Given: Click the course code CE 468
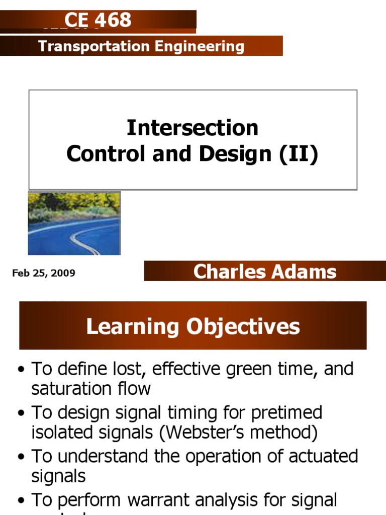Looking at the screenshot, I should click(x=98, y=20).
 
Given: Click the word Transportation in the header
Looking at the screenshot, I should click(x=85, y=47).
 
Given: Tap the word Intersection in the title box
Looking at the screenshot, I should click(x=192, y=128).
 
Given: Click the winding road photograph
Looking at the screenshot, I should click(x=74, y=223).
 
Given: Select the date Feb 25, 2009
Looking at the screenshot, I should click(x=44, y=273).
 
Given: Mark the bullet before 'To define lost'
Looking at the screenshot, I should click(x=21, y=370).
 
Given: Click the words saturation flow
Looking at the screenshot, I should click(x=91, y=388).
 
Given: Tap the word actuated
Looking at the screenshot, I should click(x=318, y=457).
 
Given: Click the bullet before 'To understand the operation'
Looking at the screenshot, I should click(x=21, y=457).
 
